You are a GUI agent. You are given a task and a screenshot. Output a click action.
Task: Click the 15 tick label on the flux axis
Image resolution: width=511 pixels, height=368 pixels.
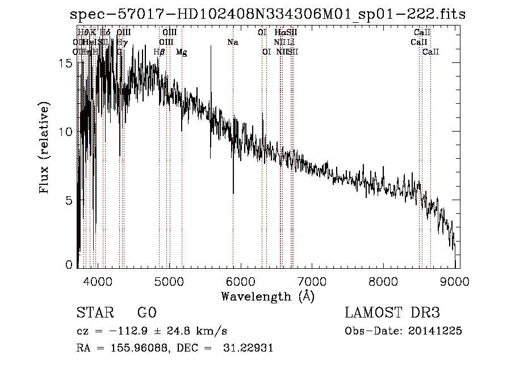pyautogui.click(x=66, y=64)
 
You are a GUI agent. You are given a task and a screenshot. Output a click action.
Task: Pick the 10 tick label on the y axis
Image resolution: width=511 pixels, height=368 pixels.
pyautogui.click(x=66, y=132)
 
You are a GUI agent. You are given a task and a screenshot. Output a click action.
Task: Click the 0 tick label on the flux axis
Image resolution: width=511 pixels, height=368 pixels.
pyautogui.click(x=69, y=265)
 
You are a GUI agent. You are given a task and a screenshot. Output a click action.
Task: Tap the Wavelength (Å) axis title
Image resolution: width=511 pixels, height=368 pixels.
pyautogui.click(x=267, y=296)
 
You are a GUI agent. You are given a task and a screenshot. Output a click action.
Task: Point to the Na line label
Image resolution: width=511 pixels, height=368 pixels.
pyautogui.click(x=233, y=43)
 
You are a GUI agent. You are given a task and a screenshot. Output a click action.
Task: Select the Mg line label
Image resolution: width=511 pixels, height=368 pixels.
pyautogui.click(x=182, y=52)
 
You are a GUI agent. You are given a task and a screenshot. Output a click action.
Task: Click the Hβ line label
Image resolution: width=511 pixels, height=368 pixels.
pyautogui.click(x=160, y=52)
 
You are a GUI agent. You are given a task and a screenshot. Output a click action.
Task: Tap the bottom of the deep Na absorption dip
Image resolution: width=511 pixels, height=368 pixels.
pyautogui.click(x=233, y=193)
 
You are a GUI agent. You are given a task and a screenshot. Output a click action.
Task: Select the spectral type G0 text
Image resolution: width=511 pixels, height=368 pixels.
pyautogui.click(x=146, y=314)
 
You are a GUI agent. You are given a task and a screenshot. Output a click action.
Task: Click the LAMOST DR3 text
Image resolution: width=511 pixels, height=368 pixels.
pyautogui.click(x=392, y=314)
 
